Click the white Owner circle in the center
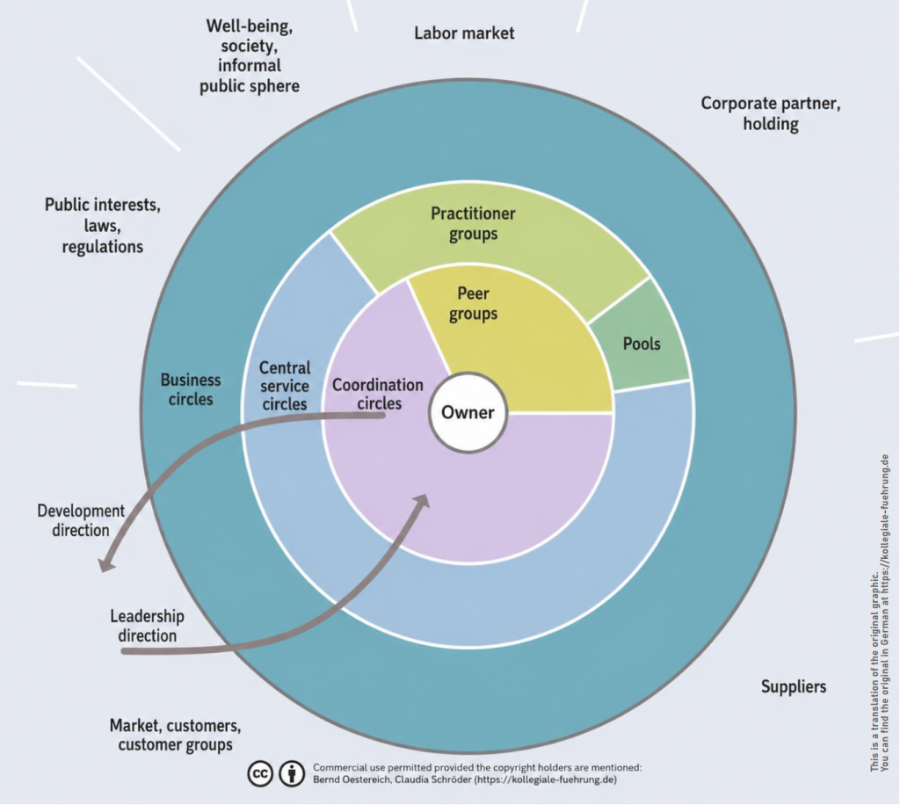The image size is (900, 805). click(468, 412)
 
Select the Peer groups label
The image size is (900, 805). click(473, 303)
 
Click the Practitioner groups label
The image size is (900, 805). click(473, 224)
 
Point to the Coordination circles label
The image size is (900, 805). click(378, 394)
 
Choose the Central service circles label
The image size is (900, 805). click(285, 386)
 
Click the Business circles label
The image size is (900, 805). click(191, 389)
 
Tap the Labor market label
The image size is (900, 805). click(464, 33)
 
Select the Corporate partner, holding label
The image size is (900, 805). click(770, 113)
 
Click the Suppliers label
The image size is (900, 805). click(794, 686)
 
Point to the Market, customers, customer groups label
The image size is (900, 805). click(175, 735)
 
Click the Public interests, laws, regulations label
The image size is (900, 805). click(102, 226)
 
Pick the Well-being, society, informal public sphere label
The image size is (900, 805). click(249, 55)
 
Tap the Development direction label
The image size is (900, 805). click(80, 520)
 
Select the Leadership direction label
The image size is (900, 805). click(147, 626)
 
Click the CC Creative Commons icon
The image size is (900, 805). click(260, 773)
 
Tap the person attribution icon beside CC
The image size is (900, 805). click(292, 773)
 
